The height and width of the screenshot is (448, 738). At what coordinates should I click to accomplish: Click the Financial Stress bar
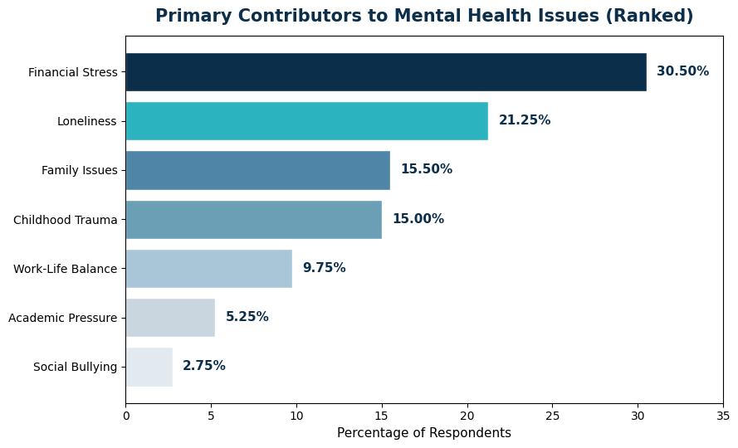(386, 72)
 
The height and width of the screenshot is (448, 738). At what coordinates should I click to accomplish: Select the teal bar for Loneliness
(306, 121)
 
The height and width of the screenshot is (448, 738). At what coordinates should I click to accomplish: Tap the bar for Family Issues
(257, 170)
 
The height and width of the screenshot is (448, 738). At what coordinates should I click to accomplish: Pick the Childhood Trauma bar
(253, 220)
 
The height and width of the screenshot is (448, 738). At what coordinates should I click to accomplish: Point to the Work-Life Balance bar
(208, 269)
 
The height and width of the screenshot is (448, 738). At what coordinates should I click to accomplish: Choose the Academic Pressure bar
(170, 318)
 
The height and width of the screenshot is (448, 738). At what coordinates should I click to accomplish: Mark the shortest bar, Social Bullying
(149, 367)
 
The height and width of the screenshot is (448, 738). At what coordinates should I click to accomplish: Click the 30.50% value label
(682, 71)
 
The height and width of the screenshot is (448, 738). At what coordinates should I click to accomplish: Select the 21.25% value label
(525, 120)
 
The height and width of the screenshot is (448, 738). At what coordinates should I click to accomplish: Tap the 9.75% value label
(324, 268)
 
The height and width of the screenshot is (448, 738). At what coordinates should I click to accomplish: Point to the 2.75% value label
(204, 366)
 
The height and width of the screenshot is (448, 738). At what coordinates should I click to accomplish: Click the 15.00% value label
(418, 219)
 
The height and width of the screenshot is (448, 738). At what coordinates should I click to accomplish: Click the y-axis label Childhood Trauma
(66, 220)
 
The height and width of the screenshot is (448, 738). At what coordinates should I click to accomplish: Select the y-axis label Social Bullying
(76, 367)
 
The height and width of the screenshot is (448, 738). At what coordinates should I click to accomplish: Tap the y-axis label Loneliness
(87, 121)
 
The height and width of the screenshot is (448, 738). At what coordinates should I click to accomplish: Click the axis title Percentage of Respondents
(424, 433)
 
